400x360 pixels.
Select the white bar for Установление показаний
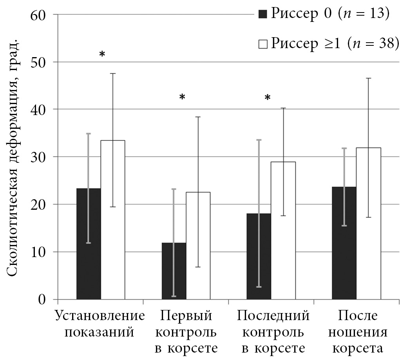113,220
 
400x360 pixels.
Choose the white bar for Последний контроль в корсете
283,230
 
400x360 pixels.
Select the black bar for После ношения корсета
344,243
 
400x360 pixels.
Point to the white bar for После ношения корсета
368,223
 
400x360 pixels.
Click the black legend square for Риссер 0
262,14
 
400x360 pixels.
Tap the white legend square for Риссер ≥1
262,44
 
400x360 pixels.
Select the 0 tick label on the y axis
42,300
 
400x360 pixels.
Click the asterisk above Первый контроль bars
182,97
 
